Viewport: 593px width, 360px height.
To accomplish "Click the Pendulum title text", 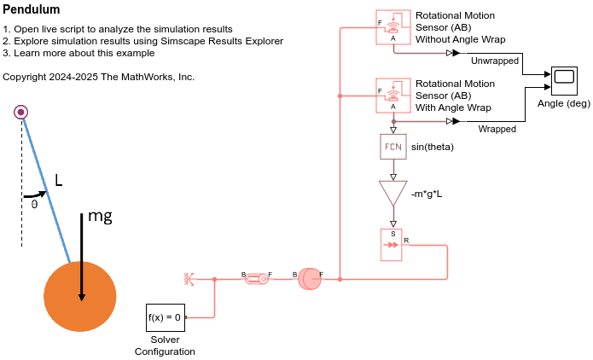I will click(x=32, y=10).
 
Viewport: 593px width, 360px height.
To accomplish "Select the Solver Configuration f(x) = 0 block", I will click(x=165, y=317).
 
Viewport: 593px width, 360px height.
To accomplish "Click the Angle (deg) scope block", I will click(x=564, y=81).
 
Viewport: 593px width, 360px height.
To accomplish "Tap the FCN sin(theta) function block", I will click(x=392, y=147).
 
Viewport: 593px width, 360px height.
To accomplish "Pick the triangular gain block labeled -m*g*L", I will click(x=392, y=192).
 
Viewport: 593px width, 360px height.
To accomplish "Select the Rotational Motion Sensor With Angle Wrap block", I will click(x=392, y=94).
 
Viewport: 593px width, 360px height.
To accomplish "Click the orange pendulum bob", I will click(x=79, y=296).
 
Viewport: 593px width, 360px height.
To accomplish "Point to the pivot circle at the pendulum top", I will click(x=21, y=111).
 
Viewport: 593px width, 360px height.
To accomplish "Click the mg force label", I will click(x=100, y=217).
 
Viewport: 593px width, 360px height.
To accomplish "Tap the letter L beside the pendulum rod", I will click(x=58, y=180).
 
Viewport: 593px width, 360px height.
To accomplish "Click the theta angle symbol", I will click(x=34, y=204).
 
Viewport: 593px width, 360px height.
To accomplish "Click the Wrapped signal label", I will click(x=497, y=130).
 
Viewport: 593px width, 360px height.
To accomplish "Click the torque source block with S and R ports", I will click(x=392, y=244).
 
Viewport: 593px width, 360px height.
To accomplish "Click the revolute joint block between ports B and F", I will click(x=256, y=278).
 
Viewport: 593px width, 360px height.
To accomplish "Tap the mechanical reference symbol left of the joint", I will click(x=188, y=278).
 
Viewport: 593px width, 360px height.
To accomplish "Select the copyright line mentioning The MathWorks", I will click(x=99, y=77).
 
